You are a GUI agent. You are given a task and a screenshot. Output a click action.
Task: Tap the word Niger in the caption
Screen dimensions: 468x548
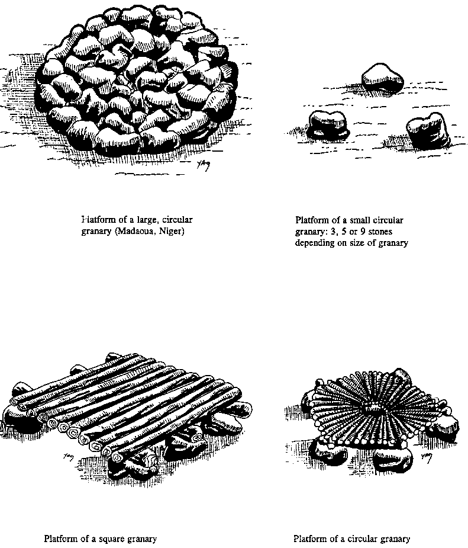pos(172,232)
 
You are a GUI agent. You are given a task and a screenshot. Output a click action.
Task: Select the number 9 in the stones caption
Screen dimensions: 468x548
pos(363,232)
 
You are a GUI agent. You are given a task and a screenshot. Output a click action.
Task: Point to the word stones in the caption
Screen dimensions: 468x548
pos(380,232)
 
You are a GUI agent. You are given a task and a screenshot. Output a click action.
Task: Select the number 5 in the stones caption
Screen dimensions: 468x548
pos(344,232)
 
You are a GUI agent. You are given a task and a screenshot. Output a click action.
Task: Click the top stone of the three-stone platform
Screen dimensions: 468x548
pos(382,77)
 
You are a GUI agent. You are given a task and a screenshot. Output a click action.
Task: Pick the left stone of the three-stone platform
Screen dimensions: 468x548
pos(329,124)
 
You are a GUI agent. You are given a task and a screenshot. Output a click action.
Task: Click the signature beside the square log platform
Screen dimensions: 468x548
pos(69,456)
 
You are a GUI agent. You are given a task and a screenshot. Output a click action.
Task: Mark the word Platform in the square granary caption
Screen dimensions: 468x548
pos(59,539)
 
